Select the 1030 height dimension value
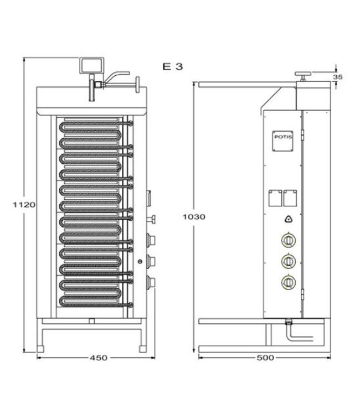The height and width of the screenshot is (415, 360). [x=194, y=216]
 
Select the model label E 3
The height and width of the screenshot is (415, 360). [x=173, y=66]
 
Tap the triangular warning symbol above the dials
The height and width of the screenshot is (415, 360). [x=288, y=219]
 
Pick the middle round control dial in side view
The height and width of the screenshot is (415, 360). [x=288, y=261]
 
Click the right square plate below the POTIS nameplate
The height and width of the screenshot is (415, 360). [x=289, y=198]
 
